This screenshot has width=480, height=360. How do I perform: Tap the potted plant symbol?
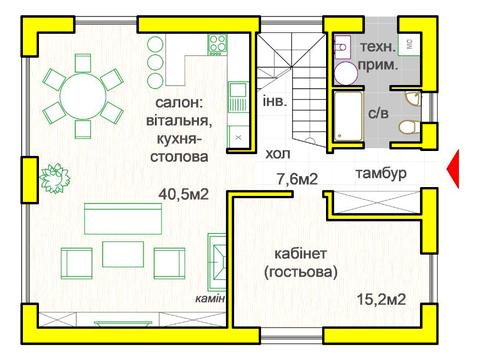(53, 176)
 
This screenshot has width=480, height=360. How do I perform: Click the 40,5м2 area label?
(183, 195)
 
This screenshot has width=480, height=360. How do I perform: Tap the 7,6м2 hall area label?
(296, 180)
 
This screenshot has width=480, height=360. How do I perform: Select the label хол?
(278, 155)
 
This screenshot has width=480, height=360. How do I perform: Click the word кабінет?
(301, 252)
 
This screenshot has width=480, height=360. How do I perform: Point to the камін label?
(211, 299)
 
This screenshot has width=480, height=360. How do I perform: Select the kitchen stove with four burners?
(217, 43)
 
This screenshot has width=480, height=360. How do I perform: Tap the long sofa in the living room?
(120, 219)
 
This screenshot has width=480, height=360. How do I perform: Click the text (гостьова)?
(303, 271)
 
